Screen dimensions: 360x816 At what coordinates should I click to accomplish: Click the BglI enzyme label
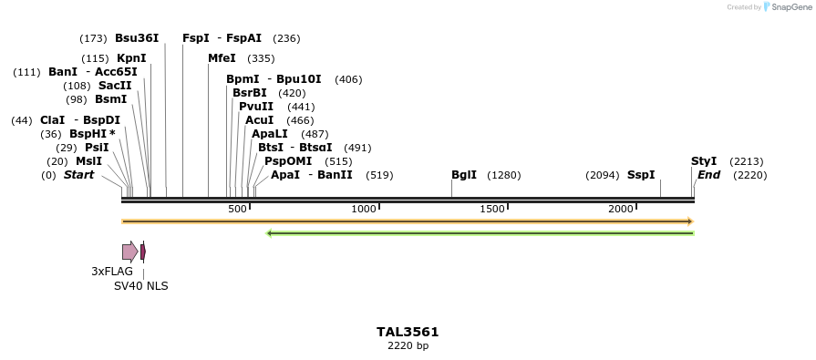coord(464,175)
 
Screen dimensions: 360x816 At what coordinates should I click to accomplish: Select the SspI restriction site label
coord(641,175)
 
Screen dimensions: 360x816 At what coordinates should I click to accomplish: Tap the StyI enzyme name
coord(704,161)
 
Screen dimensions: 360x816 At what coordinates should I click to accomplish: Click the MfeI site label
coord(222,58)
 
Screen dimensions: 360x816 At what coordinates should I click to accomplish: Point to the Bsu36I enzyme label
coord(137,38)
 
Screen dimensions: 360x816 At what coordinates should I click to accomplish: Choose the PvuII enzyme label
coord(256,107)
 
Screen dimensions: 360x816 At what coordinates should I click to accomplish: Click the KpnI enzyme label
coord(131,58)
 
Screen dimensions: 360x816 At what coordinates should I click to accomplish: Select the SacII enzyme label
coord(115,86)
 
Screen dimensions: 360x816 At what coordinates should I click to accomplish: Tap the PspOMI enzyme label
coord(286,161)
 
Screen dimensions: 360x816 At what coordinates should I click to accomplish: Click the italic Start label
coord(78,175)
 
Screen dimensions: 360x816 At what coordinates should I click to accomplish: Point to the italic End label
coord(709,175)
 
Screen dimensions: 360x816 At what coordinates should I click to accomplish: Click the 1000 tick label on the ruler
coord(364,210)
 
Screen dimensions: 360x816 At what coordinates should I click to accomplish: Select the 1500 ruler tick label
coord(492,210)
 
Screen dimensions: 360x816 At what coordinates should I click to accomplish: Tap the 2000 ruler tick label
coord(621,210)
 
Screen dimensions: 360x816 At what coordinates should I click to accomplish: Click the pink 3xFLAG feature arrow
coord(130,252)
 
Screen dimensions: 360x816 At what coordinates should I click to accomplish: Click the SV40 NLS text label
coord(140,285)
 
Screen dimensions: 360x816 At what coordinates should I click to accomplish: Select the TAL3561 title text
coord(408,332)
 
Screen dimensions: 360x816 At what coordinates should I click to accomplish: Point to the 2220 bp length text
coord(408,346)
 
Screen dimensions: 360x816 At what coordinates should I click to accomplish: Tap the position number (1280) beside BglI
coord(503,175)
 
